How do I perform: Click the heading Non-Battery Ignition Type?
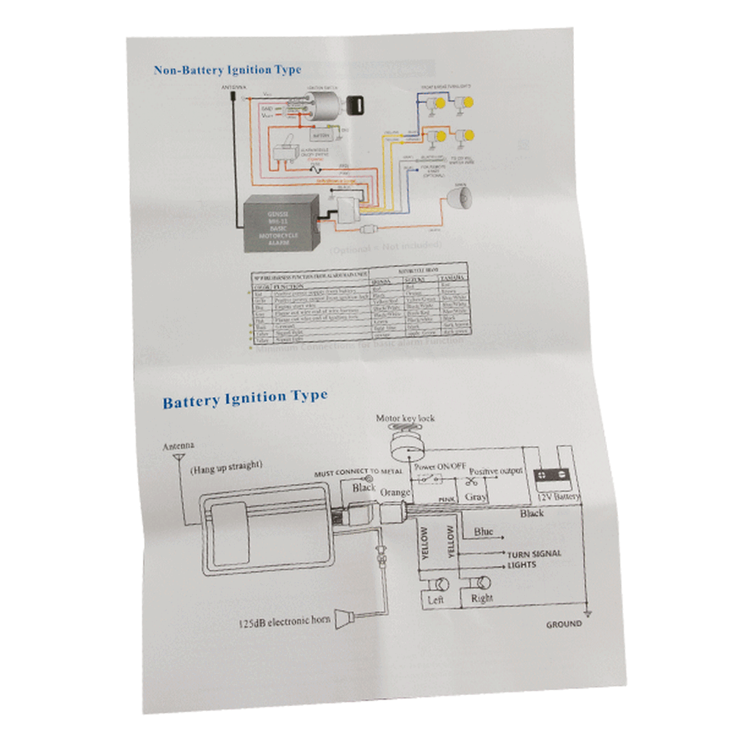click(x=227, y=70)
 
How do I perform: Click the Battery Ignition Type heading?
click(x=245, y=399)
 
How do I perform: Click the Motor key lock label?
click(x=405, y=418)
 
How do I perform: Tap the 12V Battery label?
click(x=558, y=497)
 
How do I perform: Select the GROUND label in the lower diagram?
click(x=564, y=624)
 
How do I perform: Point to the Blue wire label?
click(x=484, y=531)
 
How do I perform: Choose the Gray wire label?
click(x=476, y=496)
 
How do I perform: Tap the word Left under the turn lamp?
click(x=435, y=600)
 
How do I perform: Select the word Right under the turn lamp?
click(x=482, y=598)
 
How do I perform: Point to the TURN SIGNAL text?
click(x=534, y=553)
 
